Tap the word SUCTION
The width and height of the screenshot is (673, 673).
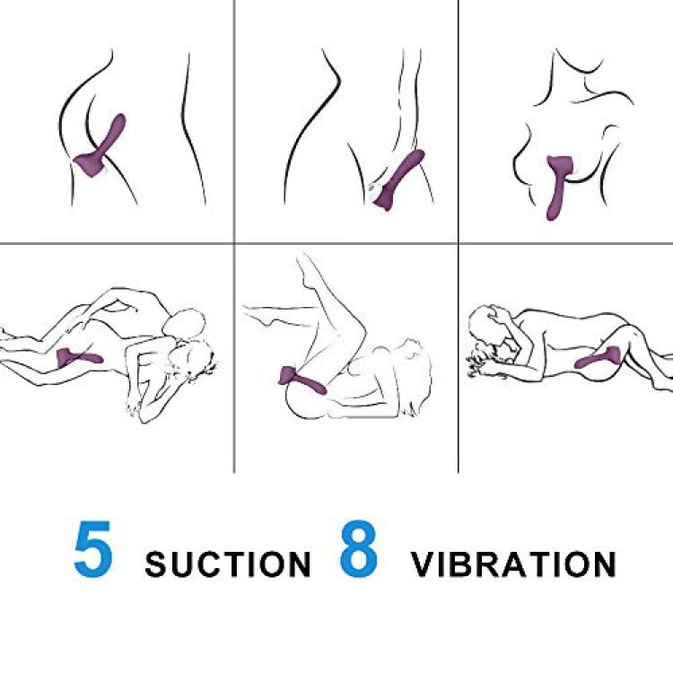pos(228,564)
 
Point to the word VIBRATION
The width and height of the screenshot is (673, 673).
pos(513,564)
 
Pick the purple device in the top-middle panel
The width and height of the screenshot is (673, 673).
pos(399,180)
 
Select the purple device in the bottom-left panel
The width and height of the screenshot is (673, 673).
pos(79,357)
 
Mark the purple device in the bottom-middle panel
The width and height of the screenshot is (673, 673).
pos(301,380)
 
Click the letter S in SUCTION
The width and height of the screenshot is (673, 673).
pos(157,564)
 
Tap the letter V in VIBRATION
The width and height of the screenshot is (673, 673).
pos(424,564)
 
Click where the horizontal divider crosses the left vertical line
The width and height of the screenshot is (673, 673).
pos(234,243)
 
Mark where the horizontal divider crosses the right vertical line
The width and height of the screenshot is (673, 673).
pos(459,243)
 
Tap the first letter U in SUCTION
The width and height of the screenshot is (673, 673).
pos(185,564)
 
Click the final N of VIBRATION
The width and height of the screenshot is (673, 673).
pos(605,564)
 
